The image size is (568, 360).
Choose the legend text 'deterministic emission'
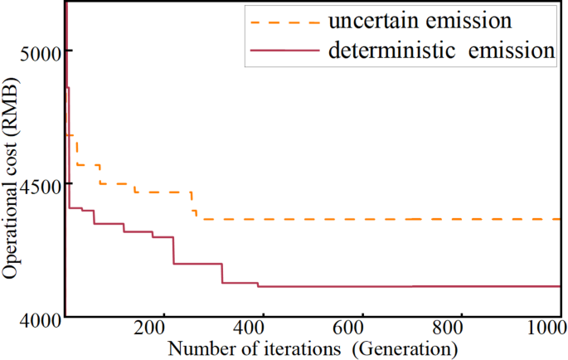(x=441, y=50)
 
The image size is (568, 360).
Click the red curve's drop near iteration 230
(x=173, y=251)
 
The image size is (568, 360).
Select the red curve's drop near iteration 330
(x=222, y=274)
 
